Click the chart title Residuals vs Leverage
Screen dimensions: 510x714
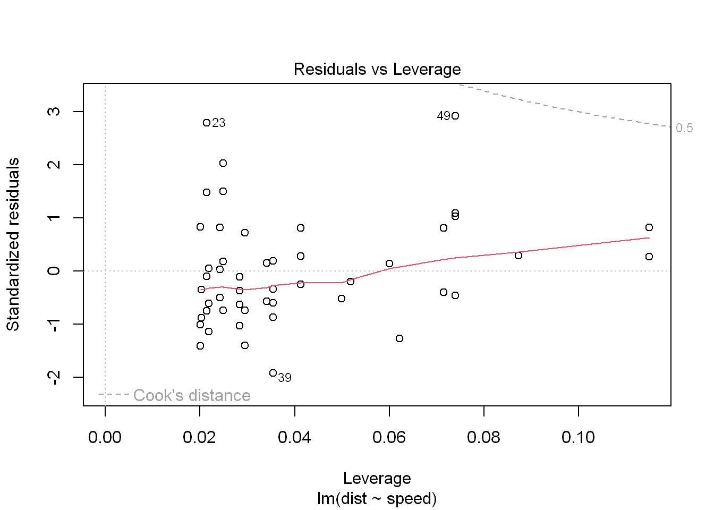click(x=377, y=70)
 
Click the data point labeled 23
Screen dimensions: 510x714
click(x=207, y=123)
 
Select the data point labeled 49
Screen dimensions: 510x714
click(x=455, y=116)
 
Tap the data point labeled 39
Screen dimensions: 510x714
click(x=273, y=373)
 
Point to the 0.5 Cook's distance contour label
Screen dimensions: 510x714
click(x=684, y=128)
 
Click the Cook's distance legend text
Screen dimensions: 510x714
click(x=192, y=395)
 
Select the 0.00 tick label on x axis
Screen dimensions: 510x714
click(x=105, y=437)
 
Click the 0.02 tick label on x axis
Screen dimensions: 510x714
click(x=200, y=437)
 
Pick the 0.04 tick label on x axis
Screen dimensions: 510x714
click(x=294, y=437)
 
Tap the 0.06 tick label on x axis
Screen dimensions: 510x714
click(x=389, y=437)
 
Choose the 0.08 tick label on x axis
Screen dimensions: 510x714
click(x=483, y=437)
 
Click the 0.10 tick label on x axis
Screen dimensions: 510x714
click(x=578, y=437)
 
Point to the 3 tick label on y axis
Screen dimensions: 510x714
click(x=54, y=112)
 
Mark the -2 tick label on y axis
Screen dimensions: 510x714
click(x=54, y=377)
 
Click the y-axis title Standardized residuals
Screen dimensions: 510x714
click(x=13, y=244)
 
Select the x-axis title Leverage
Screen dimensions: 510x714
click(x=377, y=478)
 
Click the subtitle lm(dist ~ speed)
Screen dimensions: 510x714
click(x=377, y=499)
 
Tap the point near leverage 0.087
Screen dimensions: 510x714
click(x=518, y=256)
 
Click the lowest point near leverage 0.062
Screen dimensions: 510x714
click(x=399, y=338)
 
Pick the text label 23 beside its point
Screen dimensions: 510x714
click(x=219, y=123)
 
